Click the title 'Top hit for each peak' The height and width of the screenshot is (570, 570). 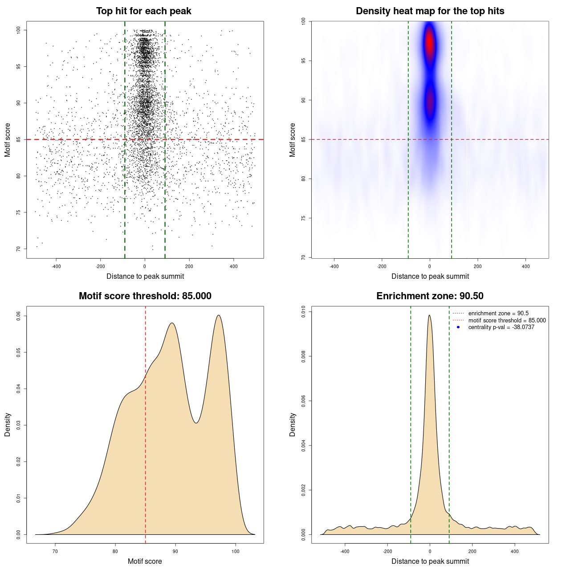143,11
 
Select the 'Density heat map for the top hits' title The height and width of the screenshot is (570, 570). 430,11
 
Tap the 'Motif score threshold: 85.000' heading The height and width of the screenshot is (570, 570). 145,296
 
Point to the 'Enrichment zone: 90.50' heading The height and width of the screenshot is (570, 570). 430,296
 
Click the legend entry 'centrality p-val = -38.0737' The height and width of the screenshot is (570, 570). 501,327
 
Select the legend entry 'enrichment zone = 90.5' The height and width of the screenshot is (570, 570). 498,313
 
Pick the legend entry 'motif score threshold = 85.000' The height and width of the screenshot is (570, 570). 507,321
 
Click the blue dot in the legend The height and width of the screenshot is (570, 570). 458,327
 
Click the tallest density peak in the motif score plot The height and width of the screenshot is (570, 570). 219,315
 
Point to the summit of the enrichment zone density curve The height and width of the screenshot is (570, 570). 429,315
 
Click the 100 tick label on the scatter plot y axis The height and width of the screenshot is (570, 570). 18,30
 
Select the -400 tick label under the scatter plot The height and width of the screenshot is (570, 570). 56,266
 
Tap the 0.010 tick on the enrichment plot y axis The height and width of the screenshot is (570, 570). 303,311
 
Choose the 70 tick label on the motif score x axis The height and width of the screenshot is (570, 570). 55,551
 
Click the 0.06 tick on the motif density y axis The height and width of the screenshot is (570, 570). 18,316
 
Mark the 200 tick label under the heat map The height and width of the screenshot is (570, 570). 478,266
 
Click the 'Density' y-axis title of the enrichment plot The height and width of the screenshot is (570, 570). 293,424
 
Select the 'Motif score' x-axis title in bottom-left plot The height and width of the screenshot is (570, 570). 145,561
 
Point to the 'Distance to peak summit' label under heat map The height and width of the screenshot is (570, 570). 430,276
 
